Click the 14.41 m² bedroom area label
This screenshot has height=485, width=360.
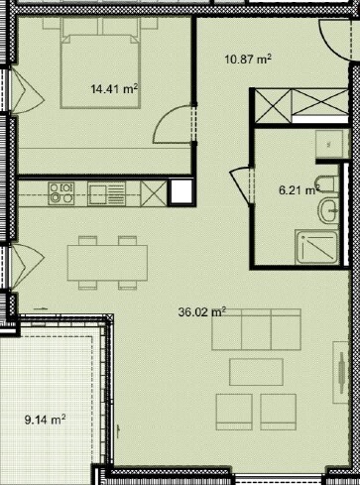click(114, 89)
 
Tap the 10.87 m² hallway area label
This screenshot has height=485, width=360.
click(248, 60)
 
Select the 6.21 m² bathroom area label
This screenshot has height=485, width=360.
click(300, 190)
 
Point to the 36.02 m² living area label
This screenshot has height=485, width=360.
click(202, 312)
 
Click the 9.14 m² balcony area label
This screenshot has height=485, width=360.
click(45, 420)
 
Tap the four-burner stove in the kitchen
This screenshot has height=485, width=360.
click(61, 193)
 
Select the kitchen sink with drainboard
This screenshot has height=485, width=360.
click(106, 193)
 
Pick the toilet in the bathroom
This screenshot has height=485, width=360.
click(326, 184)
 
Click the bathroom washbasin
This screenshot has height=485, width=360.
click(329, 211)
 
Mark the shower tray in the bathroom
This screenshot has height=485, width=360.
click(317, 247)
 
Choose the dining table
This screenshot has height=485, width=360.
click(107, 263)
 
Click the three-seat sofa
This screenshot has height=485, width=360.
click(256, 329)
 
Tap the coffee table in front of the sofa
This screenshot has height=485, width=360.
click(256, 372)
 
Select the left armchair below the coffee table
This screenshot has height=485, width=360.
click(234, 412)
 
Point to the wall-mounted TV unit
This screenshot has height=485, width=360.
click(341, 372)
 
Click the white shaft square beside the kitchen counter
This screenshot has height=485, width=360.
click(181, 191)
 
